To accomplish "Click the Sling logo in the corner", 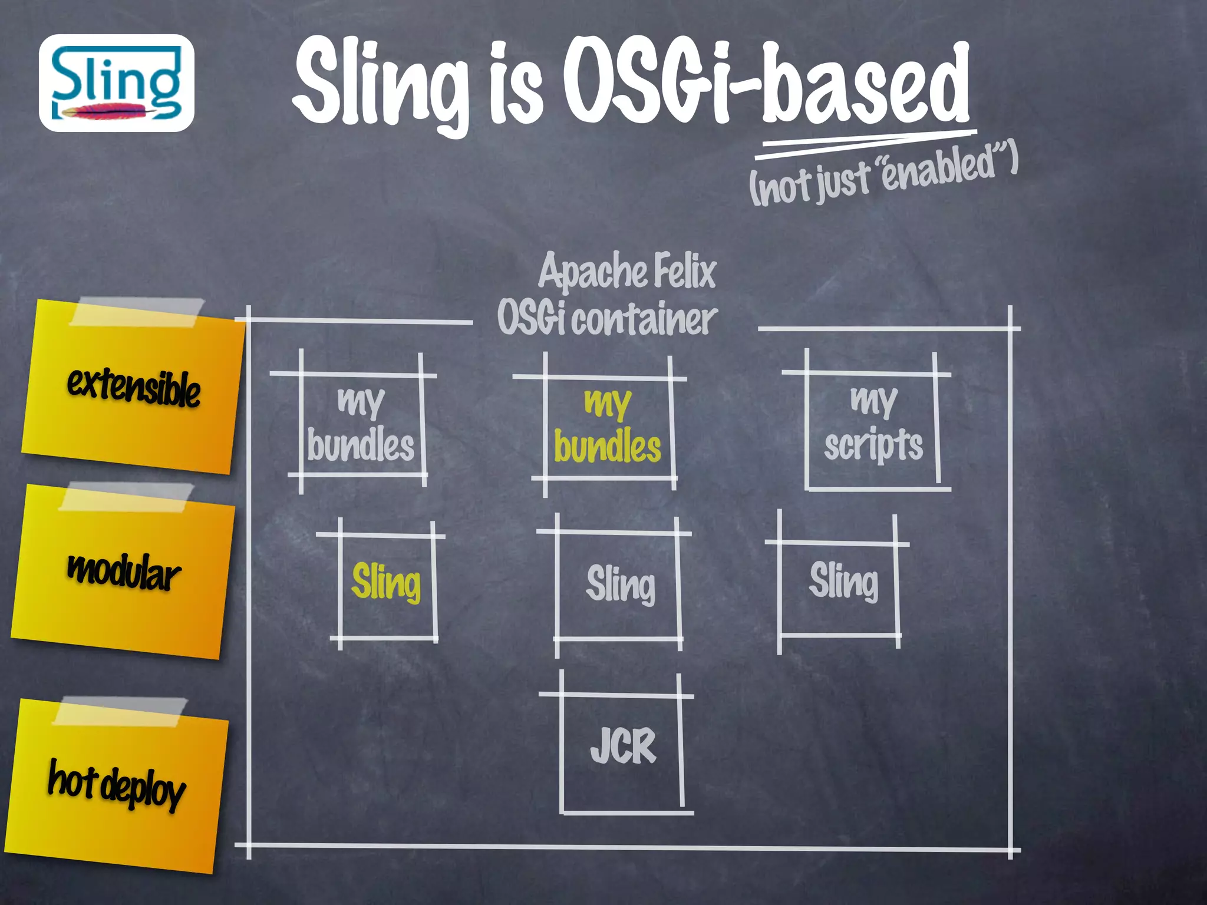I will (116, 82).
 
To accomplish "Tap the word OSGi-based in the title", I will (766, 82).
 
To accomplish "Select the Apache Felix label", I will (627, 271).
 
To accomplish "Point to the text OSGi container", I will (607, 318).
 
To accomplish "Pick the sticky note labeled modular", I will (123, 572).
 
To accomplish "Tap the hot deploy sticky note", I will (117, 787).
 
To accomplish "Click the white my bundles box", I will (361, 424).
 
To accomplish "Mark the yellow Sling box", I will (387, 583).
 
